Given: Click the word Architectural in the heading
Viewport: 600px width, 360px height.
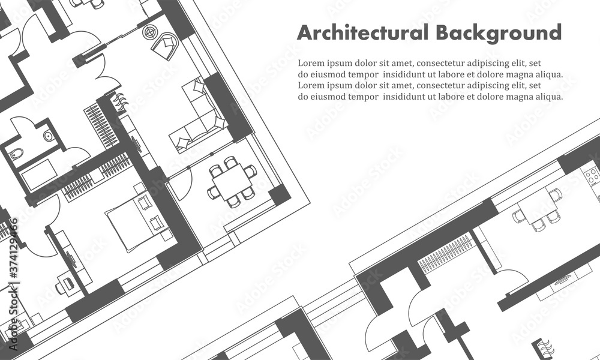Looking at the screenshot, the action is (362, 32).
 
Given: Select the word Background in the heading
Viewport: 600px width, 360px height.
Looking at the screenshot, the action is (499, 33).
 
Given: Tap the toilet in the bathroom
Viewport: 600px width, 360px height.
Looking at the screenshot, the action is (16, 154).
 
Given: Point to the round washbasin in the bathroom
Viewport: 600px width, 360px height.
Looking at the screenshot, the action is (49, 136).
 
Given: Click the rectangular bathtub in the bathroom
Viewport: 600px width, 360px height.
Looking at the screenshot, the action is (39, 175).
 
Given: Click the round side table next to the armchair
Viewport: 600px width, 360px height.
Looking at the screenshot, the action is (150, 32).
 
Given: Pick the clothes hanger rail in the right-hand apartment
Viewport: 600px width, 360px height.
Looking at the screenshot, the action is (445, 253).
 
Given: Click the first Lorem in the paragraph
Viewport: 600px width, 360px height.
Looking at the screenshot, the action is (311, 63).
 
